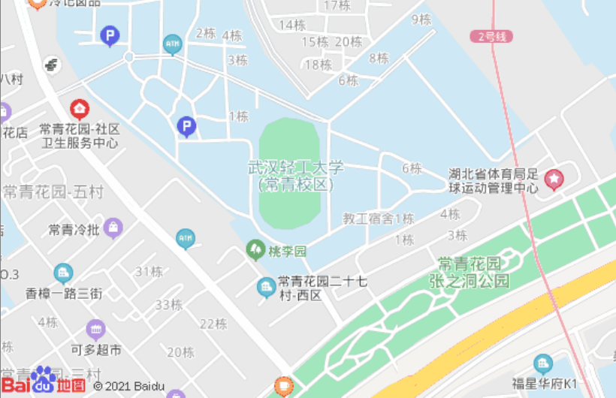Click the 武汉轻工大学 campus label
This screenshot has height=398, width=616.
point(295,175)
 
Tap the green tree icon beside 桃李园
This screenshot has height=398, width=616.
point(255,249)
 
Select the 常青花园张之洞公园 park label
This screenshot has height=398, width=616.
point(474,273)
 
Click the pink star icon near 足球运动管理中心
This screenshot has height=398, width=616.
point(554,178)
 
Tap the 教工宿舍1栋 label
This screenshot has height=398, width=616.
point(379,219)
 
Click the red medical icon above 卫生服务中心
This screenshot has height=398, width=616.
point(80,109)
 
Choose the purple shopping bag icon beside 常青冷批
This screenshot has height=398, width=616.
point(113,227)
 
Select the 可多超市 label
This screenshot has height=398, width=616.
point(96,349)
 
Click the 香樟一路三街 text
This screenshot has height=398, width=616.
point(64,293)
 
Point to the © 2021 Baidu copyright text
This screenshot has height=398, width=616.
point(129,386)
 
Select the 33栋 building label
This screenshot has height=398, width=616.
point(169,304)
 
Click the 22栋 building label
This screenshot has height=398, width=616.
point(213,324)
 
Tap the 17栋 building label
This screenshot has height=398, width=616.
point(337,6)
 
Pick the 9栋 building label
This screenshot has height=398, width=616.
point(421,20)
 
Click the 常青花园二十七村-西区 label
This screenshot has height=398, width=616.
point(322,288)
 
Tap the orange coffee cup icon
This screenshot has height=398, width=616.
point(283,386)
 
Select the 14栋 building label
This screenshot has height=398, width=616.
point(292,25)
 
